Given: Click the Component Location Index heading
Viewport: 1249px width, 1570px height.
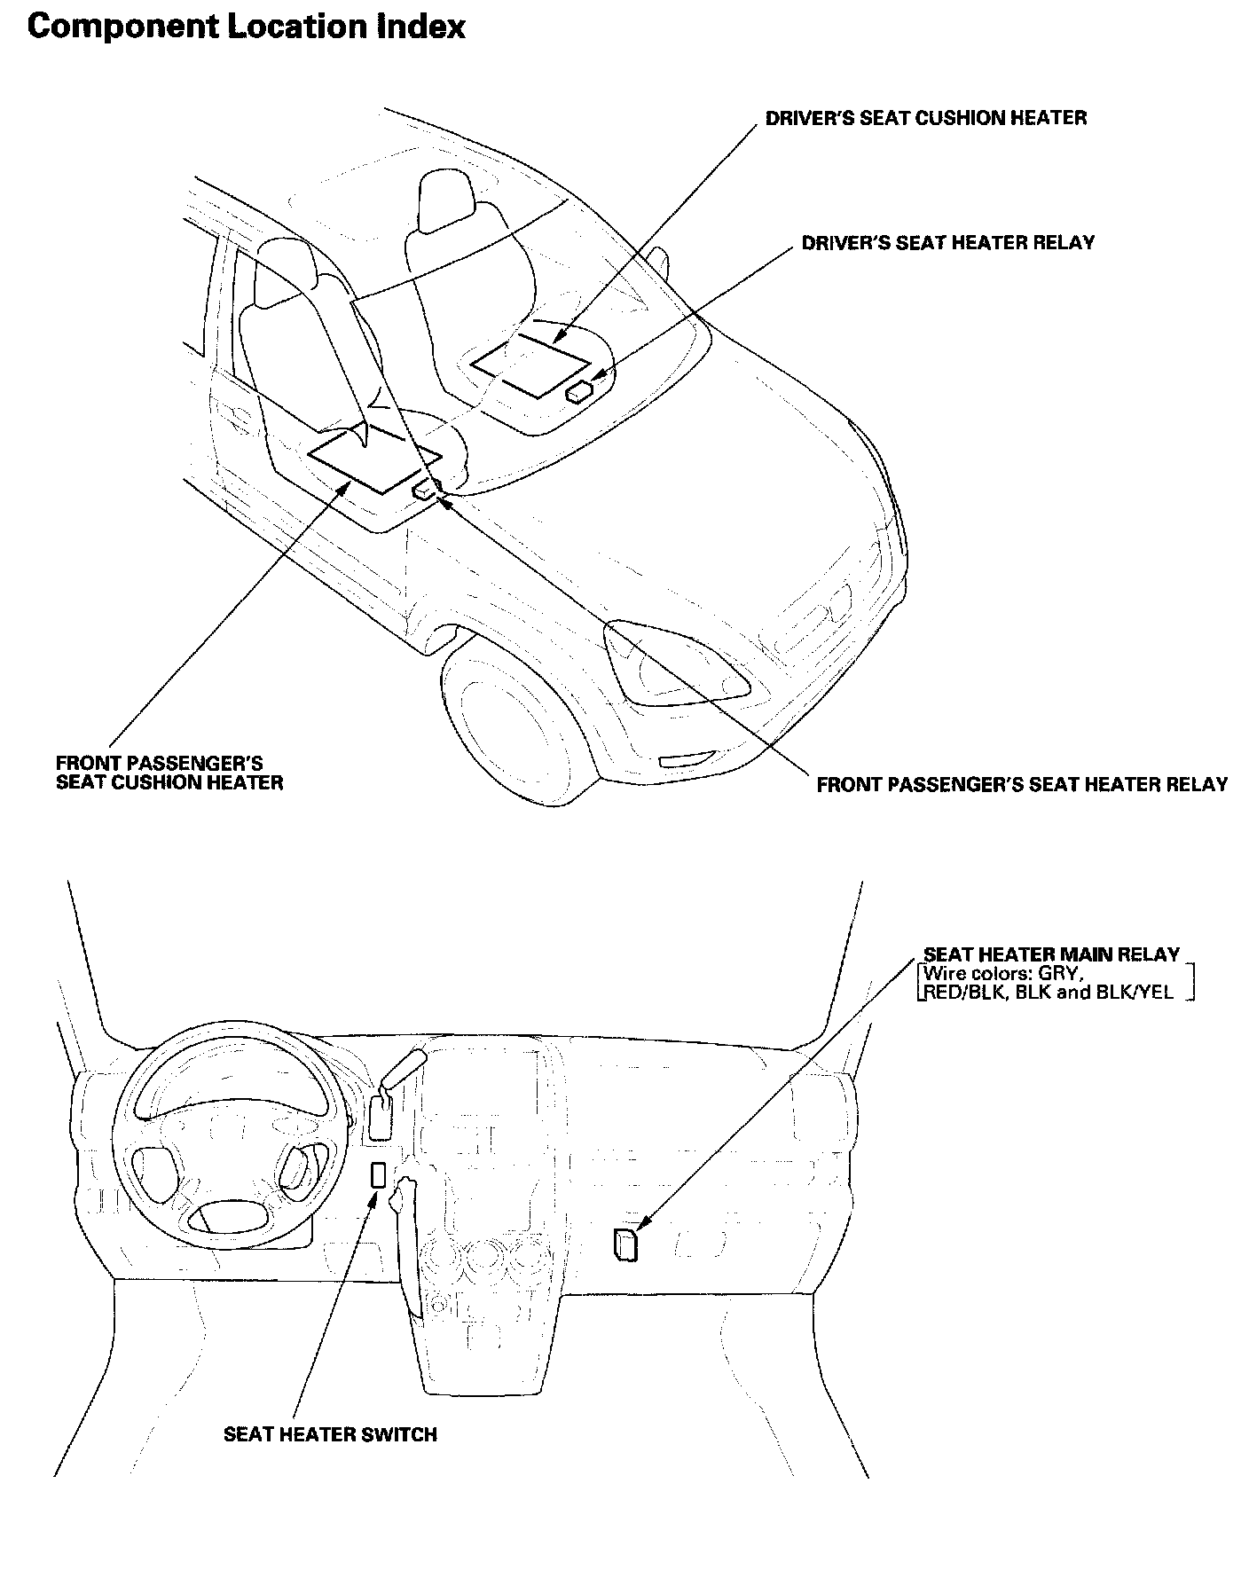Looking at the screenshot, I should [x=246, y=27].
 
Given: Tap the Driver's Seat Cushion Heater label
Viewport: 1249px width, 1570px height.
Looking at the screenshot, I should [x=925, y=118].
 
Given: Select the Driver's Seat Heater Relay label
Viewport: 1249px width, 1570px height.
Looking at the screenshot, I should [x=947, y=243].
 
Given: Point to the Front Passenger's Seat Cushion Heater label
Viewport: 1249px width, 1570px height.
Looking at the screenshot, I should [x=169, y=773].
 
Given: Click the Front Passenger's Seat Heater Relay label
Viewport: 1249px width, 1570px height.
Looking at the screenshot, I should [x=1021, y=784].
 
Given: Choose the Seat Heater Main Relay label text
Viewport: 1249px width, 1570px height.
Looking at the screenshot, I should [x=1051, y=954].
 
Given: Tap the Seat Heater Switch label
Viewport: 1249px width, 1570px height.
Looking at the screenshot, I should [x=330, y=1434].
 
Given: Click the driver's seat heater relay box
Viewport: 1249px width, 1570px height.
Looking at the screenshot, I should [x=580, y=390].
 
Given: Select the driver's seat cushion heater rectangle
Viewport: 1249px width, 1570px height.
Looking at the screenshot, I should [x=532, y=365].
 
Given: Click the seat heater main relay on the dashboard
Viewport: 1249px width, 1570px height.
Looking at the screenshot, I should [x=624, y=1244].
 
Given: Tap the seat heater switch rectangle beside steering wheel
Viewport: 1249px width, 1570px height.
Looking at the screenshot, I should [x=378, y=1174].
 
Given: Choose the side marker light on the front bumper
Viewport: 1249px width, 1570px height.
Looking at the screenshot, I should [x=685, y=759].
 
